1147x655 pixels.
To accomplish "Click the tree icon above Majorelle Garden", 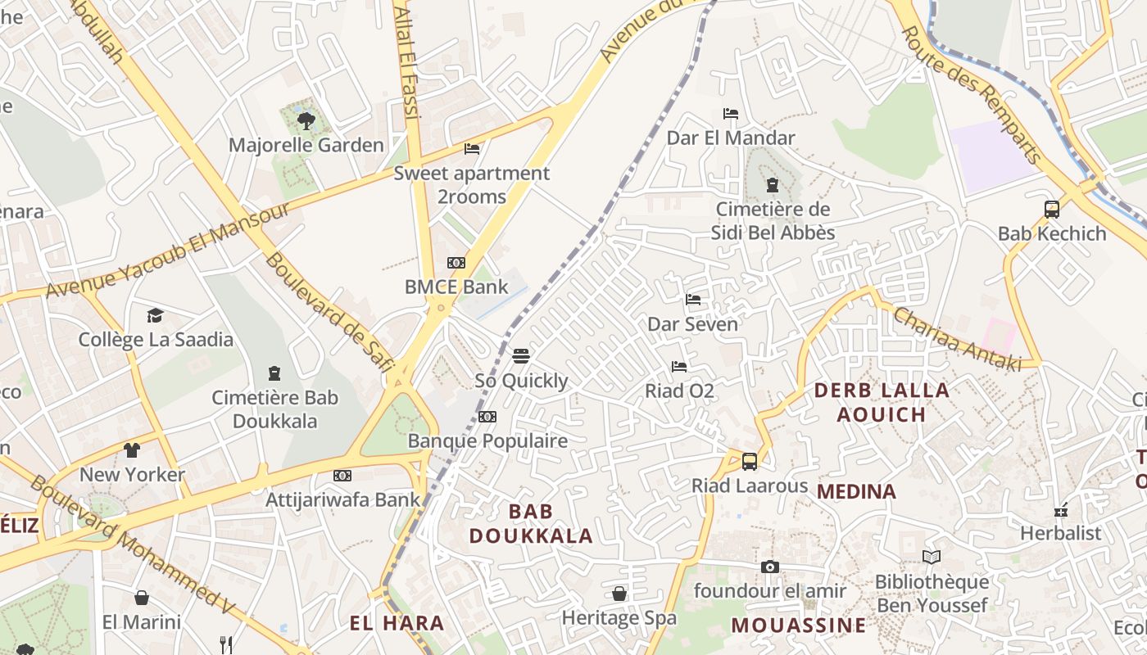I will coord(306,121).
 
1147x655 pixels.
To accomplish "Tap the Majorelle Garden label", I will coord(306,146).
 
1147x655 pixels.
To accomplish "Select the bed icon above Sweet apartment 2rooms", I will coord(472,149).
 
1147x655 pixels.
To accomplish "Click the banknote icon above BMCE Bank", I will coord(456,263).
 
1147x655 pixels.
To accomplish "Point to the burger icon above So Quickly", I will coord(521,356).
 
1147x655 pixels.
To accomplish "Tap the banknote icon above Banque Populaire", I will coord(487,417).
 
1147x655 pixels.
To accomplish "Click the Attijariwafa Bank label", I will coord(342,499).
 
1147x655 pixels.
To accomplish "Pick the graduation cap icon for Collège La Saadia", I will coord(156,315).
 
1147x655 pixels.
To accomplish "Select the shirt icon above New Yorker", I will coord(132,449).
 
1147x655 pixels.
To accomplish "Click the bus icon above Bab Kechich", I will coord(1052,209).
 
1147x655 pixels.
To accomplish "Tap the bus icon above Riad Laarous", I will coord(750,461).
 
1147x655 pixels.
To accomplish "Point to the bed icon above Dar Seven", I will coord(693,300).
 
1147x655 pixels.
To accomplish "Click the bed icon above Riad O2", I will coord(679,366).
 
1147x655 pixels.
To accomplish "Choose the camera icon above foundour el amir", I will coord(769,567).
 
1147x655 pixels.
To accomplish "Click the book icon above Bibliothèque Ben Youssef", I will coord(932,558).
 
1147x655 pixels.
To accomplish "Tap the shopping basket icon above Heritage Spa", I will coord(619,594).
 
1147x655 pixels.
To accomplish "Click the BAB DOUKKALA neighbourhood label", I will coord(530,524).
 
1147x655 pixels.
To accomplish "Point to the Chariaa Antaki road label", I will coord(957,340).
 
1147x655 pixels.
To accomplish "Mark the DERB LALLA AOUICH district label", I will coord(882,402).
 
